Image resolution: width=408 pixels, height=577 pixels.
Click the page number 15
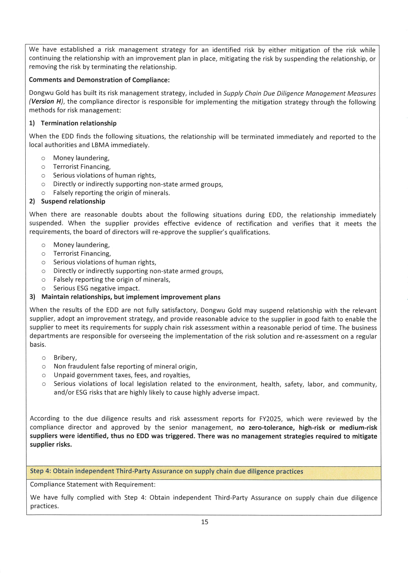tap(205, 522)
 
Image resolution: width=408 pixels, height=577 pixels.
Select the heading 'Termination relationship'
tap(79, 123)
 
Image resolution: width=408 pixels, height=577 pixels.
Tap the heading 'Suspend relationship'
tap(73, 201)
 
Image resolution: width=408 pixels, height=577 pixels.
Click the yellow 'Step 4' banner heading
tap(166, 471)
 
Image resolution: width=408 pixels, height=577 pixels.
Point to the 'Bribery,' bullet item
tap(65, 358)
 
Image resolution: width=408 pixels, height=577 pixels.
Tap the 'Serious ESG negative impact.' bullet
tap(96, 288)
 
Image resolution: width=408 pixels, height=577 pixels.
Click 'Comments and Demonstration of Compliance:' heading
tap(99, 80)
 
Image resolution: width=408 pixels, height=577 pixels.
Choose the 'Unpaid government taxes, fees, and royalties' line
tap(122, 375)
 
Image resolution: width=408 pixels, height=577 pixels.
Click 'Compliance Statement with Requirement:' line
tap(93, 484)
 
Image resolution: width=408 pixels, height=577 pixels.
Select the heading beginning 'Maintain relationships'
tap(131, 297)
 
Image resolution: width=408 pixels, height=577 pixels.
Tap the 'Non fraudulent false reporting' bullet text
tap(125, 366)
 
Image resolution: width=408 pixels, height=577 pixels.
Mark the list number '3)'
tap(33, 297)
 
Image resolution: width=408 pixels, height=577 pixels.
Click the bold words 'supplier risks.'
tap(51, 445)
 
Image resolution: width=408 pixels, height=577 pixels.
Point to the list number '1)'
tap(32, 123)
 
